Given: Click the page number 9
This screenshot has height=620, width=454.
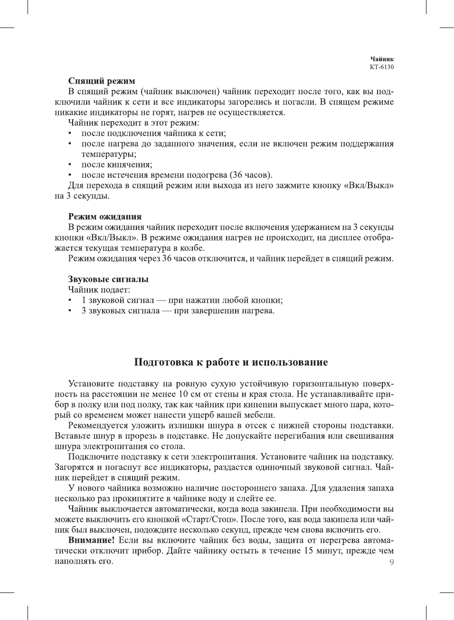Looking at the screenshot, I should [x=391, y=563].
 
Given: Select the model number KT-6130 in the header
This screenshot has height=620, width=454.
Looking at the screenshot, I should [x=381, y=67].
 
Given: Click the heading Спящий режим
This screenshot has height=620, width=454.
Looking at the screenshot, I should [x=102, y=81].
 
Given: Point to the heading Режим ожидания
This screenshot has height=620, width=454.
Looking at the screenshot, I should [x=105, y=217].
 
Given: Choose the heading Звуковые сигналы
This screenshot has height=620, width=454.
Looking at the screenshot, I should [x=108, y=279].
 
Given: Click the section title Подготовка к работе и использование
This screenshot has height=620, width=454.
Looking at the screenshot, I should [x=231, y=362].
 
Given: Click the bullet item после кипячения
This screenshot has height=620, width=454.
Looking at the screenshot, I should [x=117, y=165].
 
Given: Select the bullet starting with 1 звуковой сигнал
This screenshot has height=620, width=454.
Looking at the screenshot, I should [x=182, y=300].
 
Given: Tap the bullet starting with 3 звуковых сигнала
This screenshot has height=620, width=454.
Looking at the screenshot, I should [x=178, y=311].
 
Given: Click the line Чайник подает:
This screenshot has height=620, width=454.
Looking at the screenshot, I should [x=99, y=290].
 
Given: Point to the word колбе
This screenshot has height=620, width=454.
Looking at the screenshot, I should [x=194, y=248].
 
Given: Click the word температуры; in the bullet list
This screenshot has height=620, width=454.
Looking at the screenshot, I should [x=109, y=154].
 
